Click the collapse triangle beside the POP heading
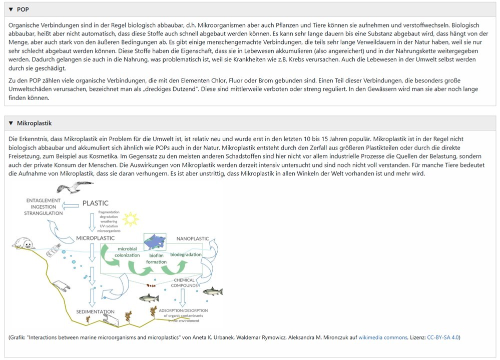pos(11,9)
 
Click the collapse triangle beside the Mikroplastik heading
pos(11,123)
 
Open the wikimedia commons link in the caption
pos(383,337)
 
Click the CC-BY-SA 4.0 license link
pos(443,337)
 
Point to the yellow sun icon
pos(130,219)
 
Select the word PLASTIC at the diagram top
pos(95,203)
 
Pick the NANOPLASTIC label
pos(193,238)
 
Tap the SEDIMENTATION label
pos(96,311)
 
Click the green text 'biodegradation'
pos(186,254)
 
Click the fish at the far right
pos(212,291)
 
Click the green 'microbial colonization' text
pos(127,251)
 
